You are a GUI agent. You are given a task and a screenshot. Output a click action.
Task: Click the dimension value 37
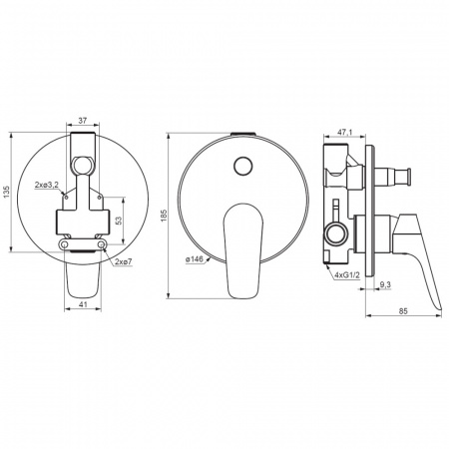pyautogui.click(x=83, y=121)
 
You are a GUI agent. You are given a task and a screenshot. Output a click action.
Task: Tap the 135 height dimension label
pyautogui.click(x=7, y=193)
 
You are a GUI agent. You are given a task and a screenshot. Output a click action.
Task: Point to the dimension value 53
pyautogui.click(x=120, y=221)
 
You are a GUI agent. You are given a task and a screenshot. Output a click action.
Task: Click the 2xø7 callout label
pyautogui.click(x=124, y=261)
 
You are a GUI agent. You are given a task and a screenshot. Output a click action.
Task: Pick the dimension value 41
pyautogui.click(x=83, y=303)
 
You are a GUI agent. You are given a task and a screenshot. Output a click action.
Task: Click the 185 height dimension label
pyautogui.click(x=164, y=217)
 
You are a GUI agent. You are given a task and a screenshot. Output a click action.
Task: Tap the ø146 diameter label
pyautogui.click(x=195, y=259)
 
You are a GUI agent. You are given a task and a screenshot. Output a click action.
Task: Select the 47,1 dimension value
pyautogui.click(x=345, y=133)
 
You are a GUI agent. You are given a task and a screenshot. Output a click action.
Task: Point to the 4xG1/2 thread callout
pyautogui.click(x=347, y=275)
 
